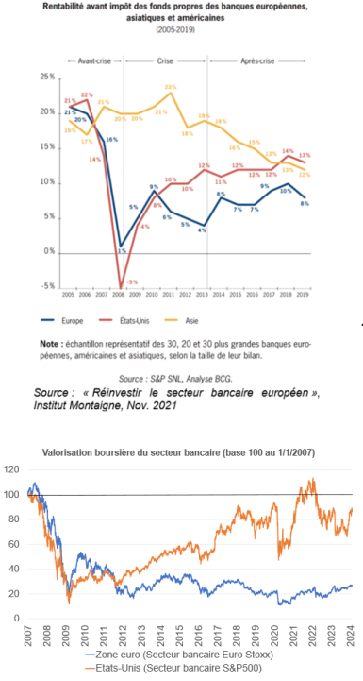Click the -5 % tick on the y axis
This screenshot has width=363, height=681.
(45, 284)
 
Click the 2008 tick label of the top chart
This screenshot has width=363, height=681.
(121, 296)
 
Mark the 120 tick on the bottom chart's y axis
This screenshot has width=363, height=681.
(14, 469)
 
